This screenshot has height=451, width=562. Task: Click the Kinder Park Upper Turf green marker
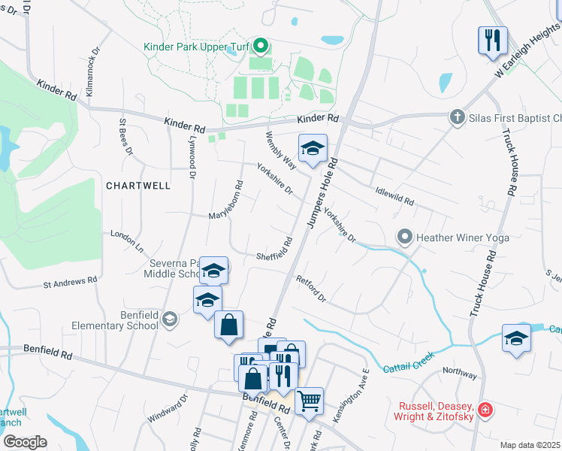pos(261,47)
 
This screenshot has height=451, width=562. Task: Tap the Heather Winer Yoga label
pos(463,238)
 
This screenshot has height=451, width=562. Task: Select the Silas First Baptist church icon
pos(456,117)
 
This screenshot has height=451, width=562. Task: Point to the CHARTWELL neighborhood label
pos(138,185)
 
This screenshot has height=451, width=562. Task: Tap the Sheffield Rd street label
pos(274,250)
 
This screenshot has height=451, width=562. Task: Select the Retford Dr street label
pos(310,289)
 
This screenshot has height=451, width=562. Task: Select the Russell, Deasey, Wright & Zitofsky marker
pos(486,410)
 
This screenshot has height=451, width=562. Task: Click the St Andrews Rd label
pos(70,283)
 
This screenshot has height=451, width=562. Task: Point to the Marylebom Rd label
pos(228,197)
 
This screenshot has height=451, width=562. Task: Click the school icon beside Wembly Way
pos(313,148)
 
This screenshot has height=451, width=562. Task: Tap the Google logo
pos(24,442)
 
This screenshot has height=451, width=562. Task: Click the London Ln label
pos(127,239)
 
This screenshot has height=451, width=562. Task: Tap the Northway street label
pos(459,371)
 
